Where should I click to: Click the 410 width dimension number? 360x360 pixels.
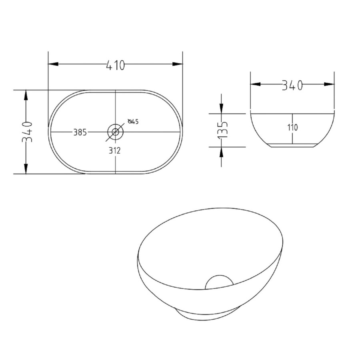116,64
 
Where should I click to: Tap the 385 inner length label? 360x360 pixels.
80,132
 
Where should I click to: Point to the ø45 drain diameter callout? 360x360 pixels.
133,122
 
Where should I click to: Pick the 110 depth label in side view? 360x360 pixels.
292,128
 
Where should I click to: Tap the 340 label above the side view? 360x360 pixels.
292,85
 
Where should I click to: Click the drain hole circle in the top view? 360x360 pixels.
116,132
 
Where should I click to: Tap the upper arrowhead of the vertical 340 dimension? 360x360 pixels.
26,96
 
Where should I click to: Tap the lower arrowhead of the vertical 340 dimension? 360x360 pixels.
26,168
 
